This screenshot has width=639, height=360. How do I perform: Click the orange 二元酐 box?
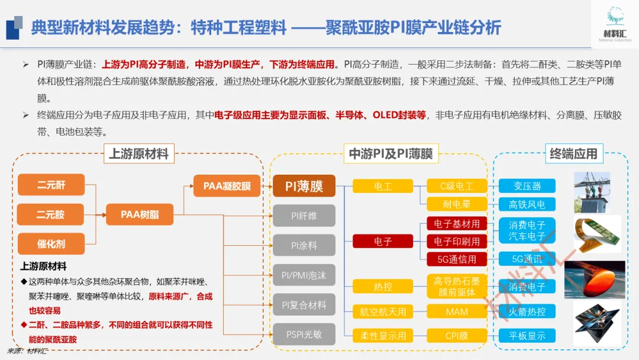coord(51,185)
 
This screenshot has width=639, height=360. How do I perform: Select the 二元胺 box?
coord(51,214)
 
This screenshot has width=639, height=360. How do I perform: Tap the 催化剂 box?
coord(51,243)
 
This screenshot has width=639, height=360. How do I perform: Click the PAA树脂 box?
coord(140,214)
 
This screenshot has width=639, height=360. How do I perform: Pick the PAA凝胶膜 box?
coord(227,186)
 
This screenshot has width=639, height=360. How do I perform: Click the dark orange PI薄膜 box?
coord(304,186)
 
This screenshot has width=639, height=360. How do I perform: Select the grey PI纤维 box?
coord(304,216)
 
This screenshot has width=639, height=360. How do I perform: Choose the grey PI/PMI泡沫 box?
coord(304,275)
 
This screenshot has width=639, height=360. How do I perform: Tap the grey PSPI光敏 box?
coord(304,335)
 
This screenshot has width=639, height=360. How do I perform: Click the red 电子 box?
coord(383,242)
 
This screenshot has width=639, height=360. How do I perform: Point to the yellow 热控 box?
coord(383,287)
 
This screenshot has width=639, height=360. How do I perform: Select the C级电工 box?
coord(456,186)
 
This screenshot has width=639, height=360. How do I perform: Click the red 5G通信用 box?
coord(456,259)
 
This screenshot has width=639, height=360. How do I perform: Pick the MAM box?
coord(456,311)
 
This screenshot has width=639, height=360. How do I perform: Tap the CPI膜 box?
coord(456,336)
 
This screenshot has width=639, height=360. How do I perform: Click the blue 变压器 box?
coord(527,186)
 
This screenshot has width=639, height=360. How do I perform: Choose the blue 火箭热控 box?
coord(527,311)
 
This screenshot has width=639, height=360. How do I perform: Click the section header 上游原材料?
coord(139,154)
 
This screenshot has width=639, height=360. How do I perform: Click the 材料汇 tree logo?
coord(615,18)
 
